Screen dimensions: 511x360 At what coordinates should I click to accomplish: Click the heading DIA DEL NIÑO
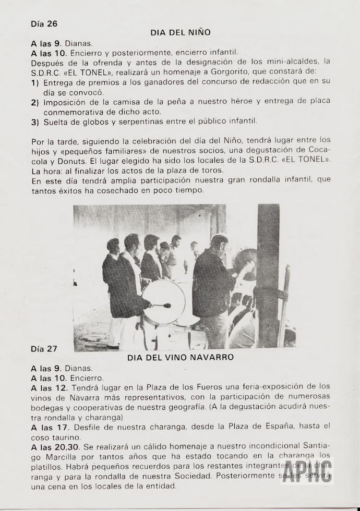tap(180, 32)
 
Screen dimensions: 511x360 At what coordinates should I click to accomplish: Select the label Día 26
tap(44, 23)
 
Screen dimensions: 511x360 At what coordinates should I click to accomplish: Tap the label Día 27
tap(44, 348)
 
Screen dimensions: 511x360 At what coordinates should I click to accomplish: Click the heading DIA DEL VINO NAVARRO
tap(180, 358)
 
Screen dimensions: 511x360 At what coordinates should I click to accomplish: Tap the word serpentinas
tap(131, 121)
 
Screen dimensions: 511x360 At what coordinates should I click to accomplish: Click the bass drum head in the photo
tap(163, 302)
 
